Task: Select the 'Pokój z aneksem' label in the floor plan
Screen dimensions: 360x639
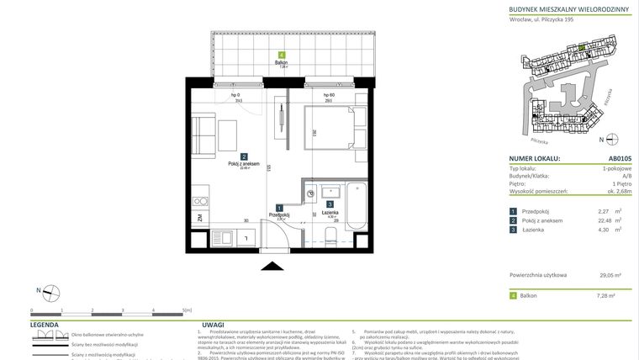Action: click(x=244, y=164)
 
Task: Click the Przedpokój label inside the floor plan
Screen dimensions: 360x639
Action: click(x=279, y=214)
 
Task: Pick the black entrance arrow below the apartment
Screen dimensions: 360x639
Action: click(x=272, y=266)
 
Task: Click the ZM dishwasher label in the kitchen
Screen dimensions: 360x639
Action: click(x=199, y=218)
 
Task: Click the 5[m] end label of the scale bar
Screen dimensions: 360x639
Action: click(x=187, y=310)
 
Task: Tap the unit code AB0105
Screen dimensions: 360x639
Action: click(x=615, y=158)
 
